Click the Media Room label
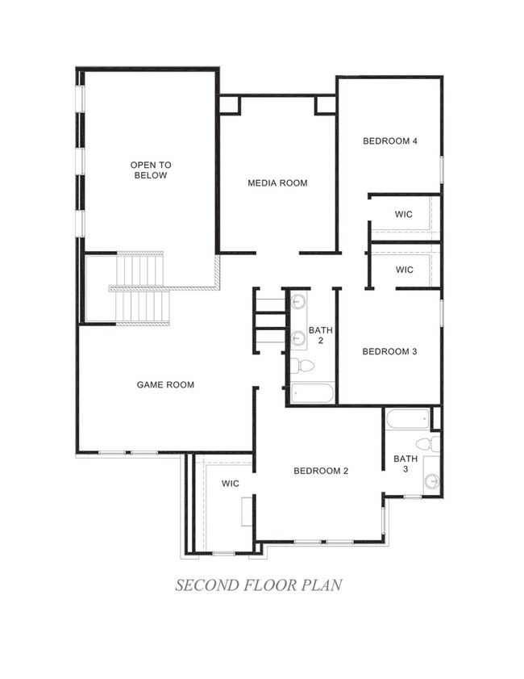(277, 183)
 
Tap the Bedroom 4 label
(390, 141)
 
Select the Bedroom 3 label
(389, 352)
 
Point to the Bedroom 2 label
(321, 472)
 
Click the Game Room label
(165, 384)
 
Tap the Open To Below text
(151, 170)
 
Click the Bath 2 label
(321, 335)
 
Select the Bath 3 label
(405, 463)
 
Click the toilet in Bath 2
(302, 367)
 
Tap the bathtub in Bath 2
(313, 393)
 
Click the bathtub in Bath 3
(408, 419)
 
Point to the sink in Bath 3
(431, 480)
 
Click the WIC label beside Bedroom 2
(231, 484)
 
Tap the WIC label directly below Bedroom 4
(404, 214)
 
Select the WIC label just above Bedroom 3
(405, 270)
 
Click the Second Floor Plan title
(259, 585)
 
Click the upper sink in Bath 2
(299, 300)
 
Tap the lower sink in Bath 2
(298, 337)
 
